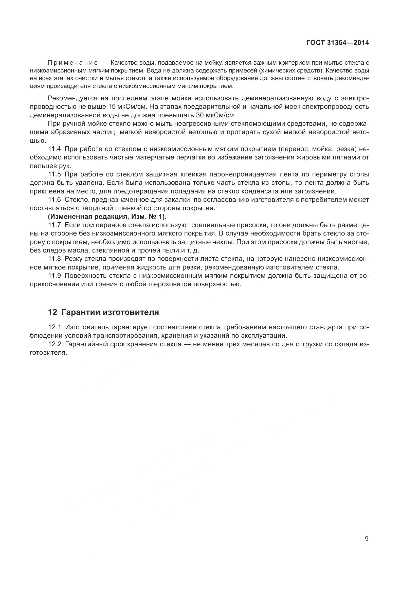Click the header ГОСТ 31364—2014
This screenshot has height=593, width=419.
tap(337, 43)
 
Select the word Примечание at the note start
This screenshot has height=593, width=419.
tap(73, 63)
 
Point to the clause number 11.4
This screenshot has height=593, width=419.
tap(54, 149)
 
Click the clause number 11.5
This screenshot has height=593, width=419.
tap(54, 174)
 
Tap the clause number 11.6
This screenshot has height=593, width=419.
tap(54, 200)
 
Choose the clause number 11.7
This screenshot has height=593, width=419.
tap(54, 225)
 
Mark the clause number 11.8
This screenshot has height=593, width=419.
tap(54, 259)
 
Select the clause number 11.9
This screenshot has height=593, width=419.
tap(54, 276)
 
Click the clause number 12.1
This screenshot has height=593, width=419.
tap(54, 327)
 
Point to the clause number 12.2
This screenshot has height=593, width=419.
tap(54, 344)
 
